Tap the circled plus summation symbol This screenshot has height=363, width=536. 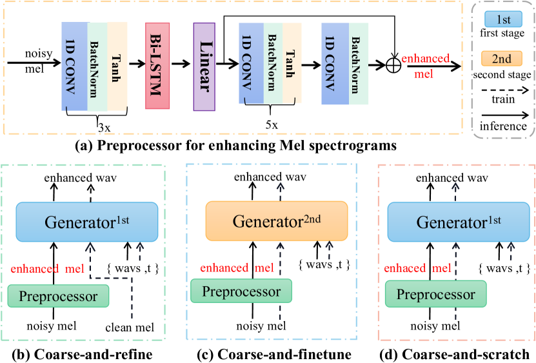[393, 64]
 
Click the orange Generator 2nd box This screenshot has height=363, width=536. [277, 221]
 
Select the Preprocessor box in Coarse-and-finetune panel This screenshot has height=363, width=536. [242, 291]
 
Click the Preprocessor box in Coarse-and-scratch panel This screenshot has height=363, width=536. [431, 295]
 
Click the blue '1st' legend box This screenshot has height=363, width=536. [501, 32]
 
